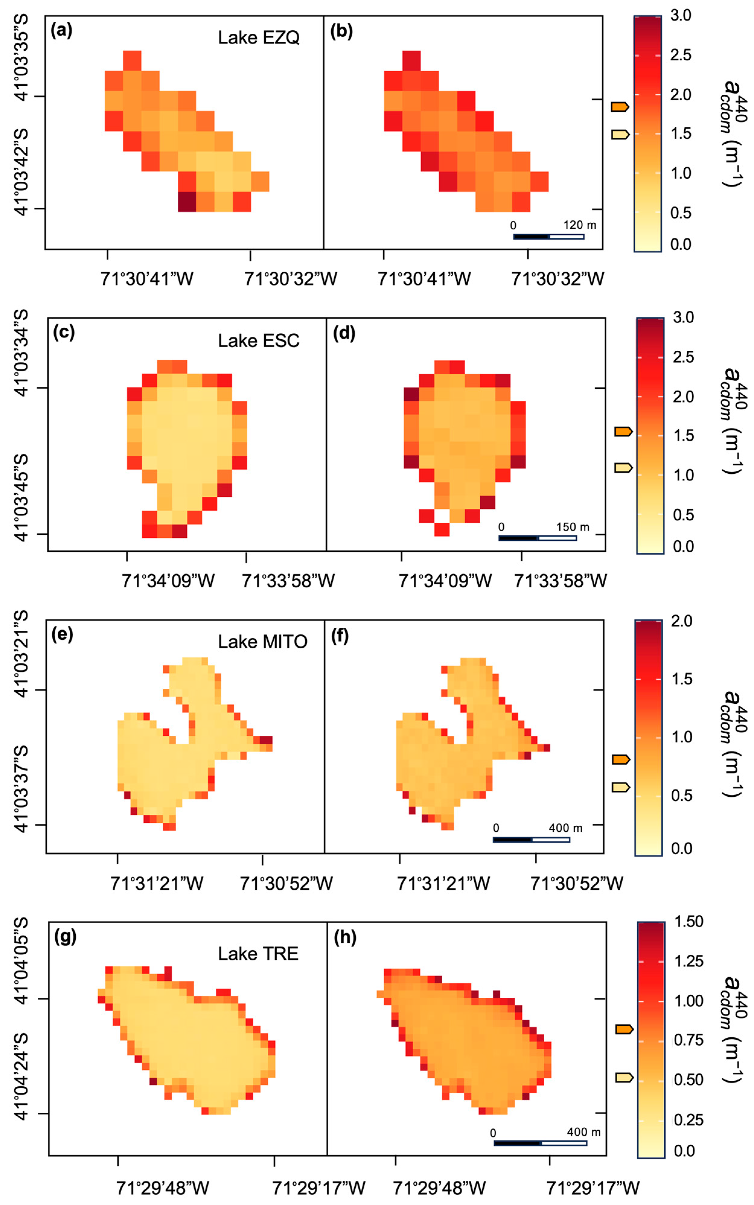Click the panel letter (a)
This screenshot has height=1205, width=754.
click(x=61, y=31)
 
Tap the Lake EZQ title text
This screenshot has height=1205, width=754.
click(x=258, y=37)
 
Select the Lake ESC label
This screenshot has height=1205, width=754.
click(x=258, y=341)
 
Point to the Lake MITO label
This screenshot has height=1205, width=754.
click(x=262, y=641)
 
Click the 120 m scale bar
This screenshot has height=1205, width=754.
click(x=549, y=236)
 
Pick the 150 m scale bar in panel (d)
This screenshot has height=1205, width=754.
click(x=538, y=538)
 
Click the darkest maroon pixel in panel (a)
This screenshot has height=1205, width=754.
click(x=186, y=202)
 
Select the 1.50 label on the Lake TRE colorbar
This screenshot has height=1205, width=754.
click(x=688, y=922)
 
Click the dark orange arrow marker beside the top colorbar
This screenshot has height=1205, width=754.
click(x=620, y=107)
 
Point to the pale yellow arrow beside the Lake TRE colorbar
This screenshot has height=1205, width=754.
click(x=624, y=1078)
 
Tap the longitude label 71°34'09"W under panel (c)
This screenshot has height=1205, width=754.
click(x=168, y=581)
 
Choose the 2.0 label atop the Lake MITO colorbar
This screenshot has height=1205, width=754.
click(x=681, y=621)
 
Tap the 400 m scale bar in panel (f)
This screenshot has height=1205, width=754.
click(x=531, y=840)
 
